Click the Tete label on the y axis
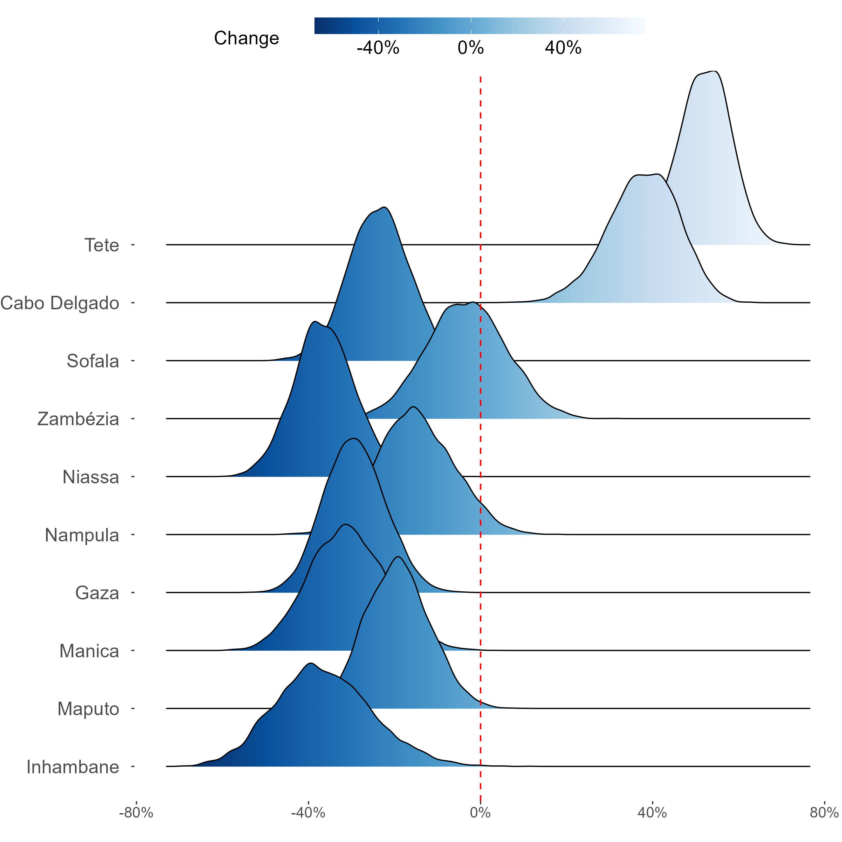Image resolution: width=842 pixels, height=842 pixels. pyautogui.click(x=102, y=245)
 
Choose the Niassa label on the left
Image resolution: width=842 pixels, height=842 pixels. pyautogui.click(x=91, y=477)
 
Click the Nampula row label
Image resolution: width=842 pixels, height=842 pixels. pyautogui.click(x=82, y=535)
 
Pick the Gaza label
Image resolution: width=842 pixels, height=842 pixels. pyautogui.click(x=97, y=593)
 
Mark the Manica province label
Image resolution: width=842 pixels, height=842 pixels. pyautogui.click(x=89, y=651)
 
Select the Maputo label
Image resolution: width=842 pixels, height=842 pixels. pyautogui.click(x=88, y=709)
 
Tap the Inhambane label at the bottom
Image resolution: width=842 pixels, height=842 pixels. pyautogui.click(x=73, y=767)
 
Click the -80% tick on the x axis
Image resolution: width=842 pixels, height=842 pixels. pyautogui.click(x=136, y=813)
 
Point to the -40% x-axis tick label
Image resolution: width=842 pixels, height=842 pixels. pyautogui.click(x=308, y=813)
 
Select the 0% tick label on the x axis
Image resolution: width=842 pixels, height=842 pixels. pyautogui.click(x=480, y=813)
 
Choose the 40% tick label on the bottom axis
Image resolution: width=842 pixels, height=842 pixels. pyautogui.click(x=652, y=813)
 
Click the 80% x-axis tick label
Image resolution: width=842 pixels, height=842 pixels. pyautogui.click(x=824, y=813)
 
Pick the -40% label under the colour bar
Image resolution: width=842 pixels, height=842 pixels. pyautogui.click(x=378, y=48)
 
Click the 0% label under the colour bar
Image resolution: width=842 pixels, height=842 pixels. pyautogui.click(x=471, y=48)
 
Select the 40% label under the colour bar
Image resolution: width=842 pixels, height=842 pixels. pyautogui.click(x=563, y=48)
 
